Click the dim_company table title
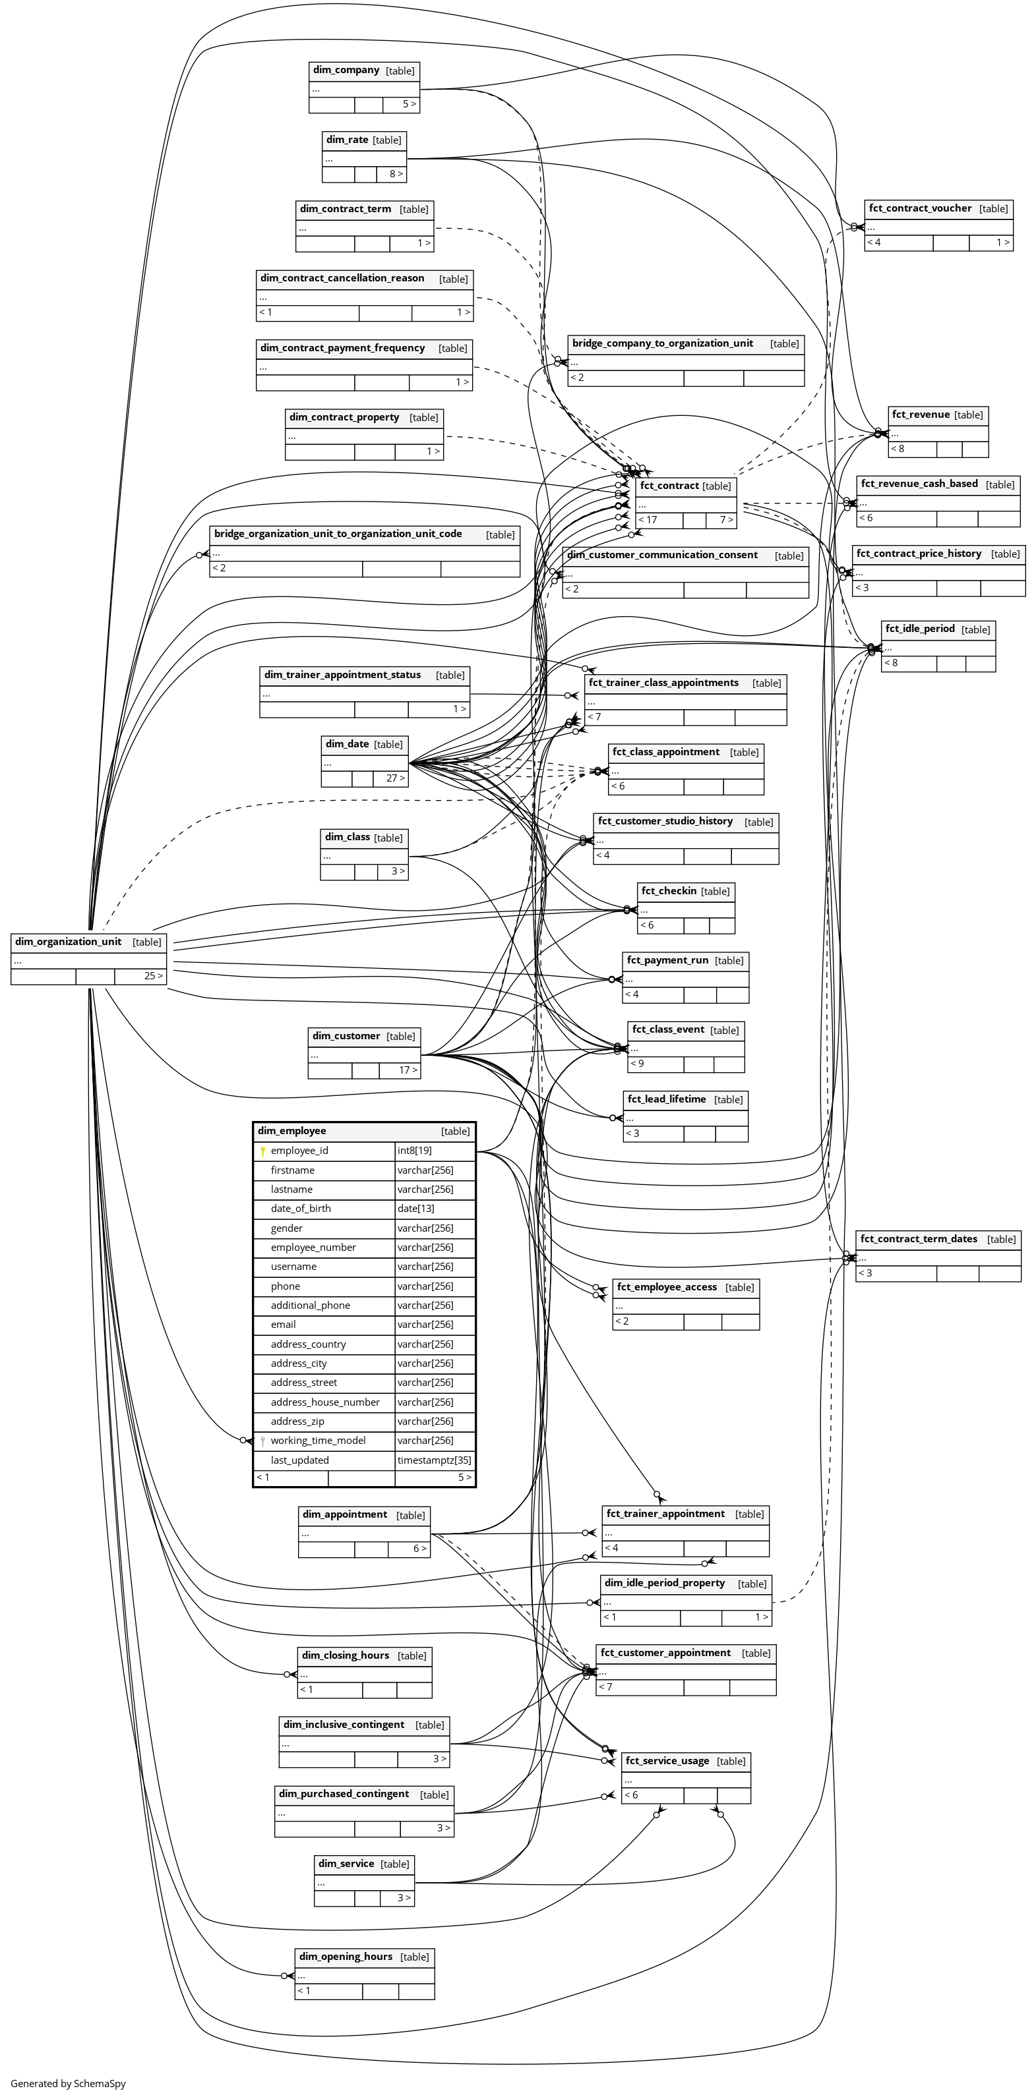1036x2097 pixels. pos(346,70)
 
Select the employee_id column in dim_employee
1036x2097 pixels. pos(300,1150)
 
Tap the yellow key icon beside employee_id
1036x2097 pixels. pos(263,1151)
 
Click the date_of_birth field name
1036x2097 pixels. pos(301,1208)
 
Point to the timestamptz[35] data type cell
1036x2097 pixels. pos(434,1460)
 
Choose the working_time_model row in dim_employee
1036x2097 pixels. pos(318,1440)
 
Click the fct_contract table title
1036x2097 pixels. pos(669,486)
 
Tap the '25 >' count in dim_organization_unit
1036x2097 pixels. pos(153,976)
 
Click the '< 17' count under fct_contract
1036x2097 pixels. pos(648,520)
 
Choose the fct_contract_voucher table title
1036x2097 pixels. pos(919,208)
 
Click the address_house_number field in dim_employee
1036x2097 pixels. pos(325,1402)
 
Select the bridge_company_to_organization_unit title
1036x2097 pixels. pos(662,343)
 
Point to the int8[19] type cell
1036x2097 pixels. pos(415,1150)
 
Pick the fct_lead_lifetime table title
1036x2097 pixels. pos(666,1099)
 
